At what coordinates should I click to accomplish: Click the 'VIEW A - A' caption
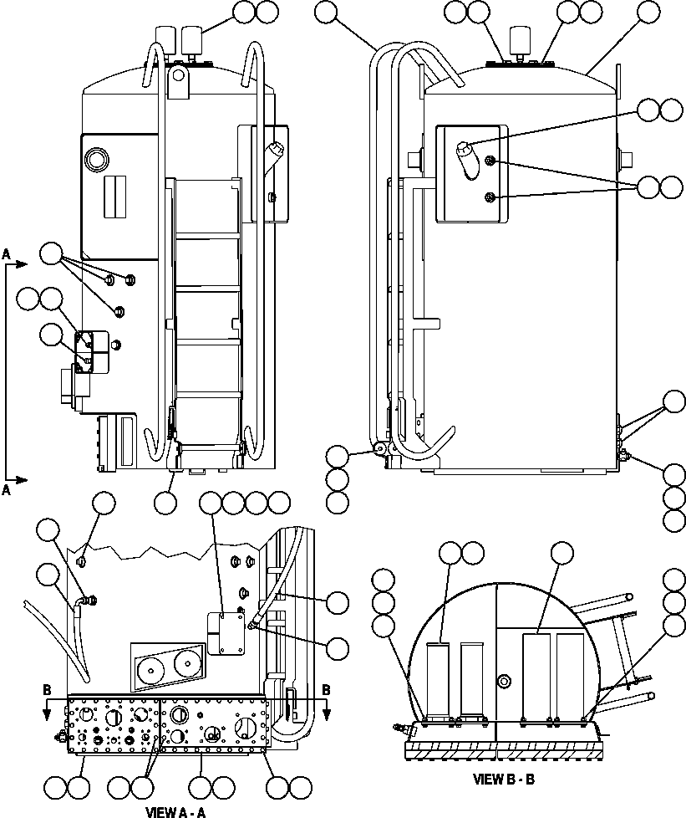(175, 811)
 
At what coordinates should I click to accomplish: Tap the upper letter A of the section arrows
(7, 253)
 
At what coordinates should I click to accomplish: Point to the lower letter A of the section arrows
(7, 493)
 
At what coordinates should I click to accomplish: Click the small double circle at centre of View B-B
(504, 683)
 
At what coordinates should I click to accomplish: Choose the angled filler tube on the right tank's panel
(465, 158)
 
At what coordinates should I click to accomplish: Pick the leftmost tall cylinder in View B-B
(439, 681)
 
